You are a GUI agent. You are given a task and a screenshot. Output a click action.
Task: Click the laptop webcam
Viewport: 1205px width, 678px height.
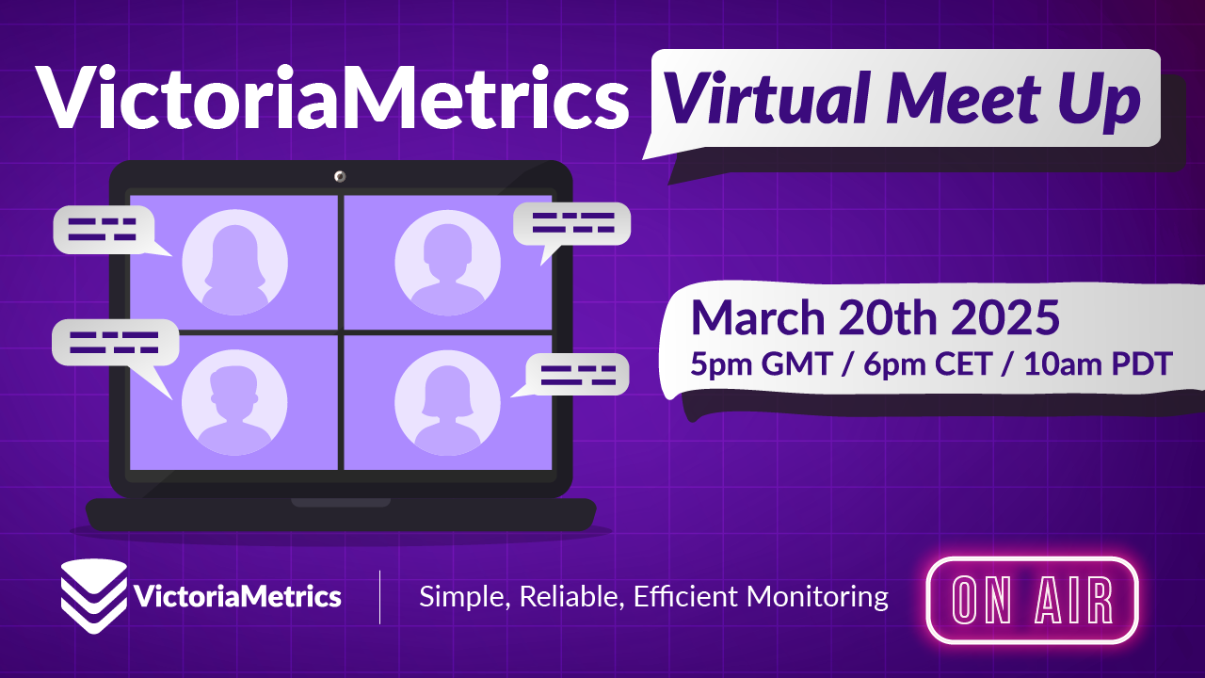click(x=340, y=176)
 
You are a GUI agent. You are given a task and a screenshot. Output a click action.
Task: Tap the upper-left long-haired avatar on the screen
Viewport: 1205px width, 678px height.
click(x=234, y=262)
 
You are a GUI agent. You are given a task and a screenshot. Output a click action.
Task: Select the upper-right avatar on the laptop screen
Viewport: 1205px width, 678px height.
click(x=447, y=262)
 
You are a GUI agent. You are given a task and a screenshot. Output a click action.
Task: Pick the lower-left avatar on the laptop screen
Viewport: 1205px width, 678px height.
click(x=234, y=402)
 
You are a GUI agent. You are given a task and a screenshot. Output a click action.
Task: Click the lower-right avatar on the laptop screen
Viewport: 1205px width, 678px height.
click(x=447, y=402)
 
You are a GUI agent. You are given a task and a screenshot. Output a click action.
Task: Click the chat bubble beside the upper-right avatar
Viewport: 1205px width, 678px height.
click(x=571, y=224)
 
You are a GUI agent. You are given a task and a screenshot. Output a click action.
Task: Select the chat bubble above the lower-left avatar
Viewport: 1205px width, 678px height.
click(x=115, y=343)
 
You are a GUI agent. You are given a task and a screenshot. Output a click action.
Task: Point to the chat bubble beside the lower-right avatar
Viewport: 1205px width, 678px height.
click(x=577, y=375)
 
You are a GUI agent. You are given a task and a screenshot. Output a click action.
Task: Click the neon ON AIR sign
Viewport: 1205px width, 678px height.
click(x=1033, y=600)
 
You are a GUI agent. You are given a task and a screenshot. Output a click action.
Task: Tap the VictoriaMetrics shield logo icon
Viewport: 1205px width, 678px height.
click(x=94, y=596)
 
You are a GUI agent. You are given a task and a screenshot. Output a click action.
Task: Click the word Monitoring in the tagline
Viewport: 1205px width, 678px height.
click(x=817, y=597)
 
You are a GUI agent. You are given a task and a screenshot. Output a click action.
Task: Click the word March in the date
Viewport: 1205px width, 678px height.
click(x=758, y=318)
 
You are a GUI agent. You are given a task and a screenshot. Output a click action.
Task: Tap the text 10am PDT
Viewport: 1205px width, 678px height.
click(x=1098, y=363)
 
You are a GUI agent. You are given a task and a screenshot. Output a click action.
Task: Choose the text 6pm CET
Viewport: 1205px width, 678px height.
click(x=928, y=363)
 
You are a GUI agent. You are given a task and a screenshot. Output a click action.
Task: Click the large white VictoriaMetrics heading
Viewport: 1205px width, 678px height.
click(x=332, y=97)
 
